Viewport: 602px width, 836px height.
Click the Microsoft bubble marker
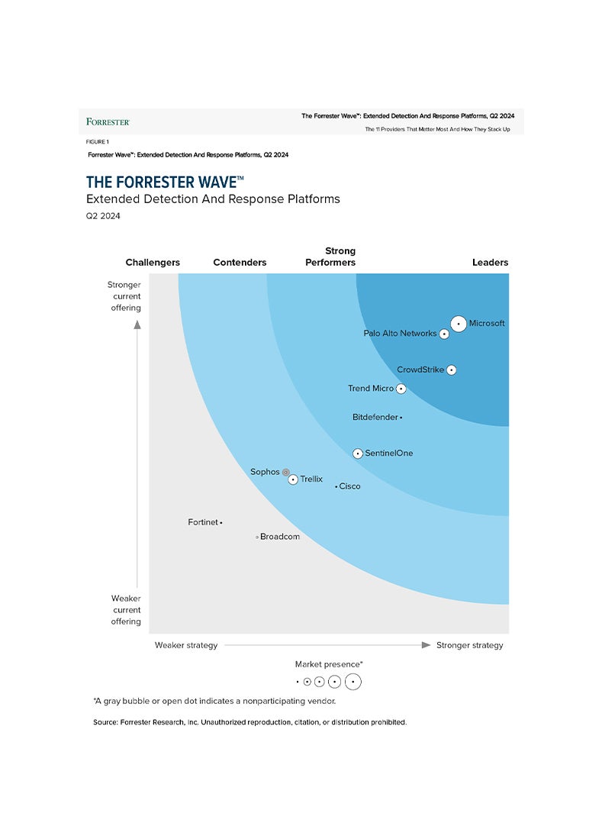tap(458, 324)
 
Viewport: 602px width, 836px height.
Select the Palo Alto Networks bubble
tap(444, 334)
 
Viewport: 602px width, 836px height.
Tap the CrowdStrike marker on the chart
tap(451, 370)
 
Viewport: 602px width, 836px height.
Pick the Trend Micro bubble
tap(401, 389)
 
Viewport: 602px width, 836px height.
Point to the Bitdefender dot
tap(401, 418)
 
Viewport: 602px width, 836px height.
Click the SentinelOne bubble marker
tap(358, 454)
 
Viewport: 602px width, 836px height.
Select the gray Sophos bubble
tap(286, 473)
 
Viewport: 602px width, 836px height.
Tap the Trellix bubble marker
tap(293, 479)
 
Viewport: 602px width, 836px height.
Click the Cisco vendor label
tap(349, 486)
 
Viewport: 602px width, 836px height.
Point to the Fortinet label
tap(203, 522)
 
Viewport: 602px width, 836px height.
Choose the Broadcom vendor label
tap(280, 537)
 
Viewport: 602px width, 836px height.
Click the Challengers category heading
tap(153, 263)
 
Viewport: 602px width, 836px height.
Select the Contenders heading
tap(240, 263)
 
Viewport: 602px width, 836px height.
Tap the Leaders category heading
tap(490, 263)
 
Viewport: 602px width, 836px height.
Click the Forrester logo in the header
tap(108, 121)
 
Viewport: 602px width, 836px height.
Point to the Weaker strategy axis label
tap(186, 645)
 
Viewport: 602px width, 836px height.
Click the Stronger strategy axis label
tap(469, 645)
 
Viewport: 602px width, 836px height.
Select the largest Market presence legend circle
tap(353, 682)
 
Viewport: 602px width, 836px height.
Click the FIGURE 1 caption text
tap(97, 142)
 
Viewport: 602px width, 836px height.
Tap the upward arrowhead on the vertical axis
tap(137, 324)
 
